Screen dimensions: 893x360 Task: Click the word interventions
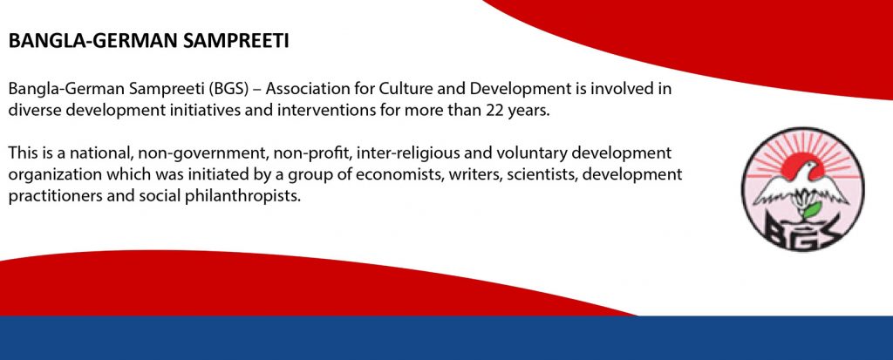(324, 110)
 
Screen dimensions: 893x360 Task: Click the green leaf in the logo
(812, 209)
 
